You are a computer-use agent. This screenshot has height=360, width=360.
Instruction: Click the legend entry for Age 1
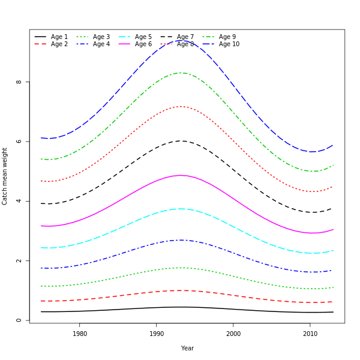point(59,37)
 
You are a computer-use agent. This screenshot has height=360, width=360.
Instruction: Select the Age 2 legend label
point(59,44)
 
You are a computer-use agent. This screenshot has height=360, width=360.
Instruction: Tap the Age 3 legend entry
point(101,37)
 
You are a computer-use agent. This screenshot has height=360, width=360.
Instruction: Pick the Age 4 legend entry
point(101,44)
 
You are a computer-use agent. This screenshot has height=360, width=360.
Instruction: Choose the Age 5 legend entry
point(143,37)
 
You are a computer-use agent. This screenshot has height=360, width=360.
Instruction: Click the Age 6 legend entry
point(143,44)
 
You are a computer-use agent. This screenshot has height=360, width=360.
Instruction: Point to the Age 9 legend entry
point(227,37)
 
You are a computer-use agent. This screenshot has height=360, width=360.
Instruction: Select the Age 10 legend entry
point(229,44)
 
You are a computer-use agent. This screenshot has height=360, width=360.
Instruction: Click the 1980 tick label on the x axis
point(80,334)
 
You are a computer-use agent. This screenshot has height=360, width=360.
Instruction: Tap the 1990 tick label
point(157,334)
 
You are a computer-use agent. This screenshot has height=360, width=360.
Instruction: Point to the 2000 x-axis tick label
point(233,334)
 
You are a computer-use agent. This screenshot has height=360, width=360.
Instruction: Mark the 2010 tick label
point(310,334)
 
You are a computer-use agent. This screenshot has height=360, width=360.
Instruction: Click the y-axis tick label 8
point(19,82)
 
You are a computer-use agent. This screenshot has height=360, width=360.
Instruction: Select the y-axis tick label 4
point(19,201)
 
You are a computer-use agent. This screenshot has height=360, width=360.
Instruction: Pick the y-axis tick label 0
point(19,320)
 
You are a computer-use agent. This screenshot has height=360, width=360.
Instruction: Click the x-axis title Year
point(187,348)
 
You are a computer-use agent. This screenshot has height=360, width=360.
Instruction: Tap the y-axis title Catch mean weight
point(5,176)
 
